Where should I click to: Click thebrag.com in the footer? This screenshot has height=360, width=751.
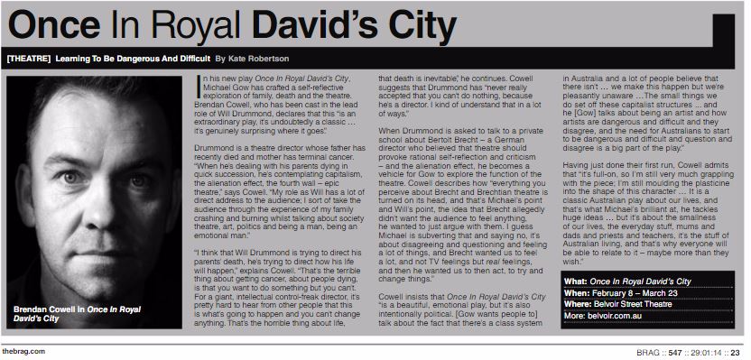tap(24, 351)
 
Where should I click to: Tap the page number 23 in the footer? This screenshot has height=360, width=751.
tap(736, 352)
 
